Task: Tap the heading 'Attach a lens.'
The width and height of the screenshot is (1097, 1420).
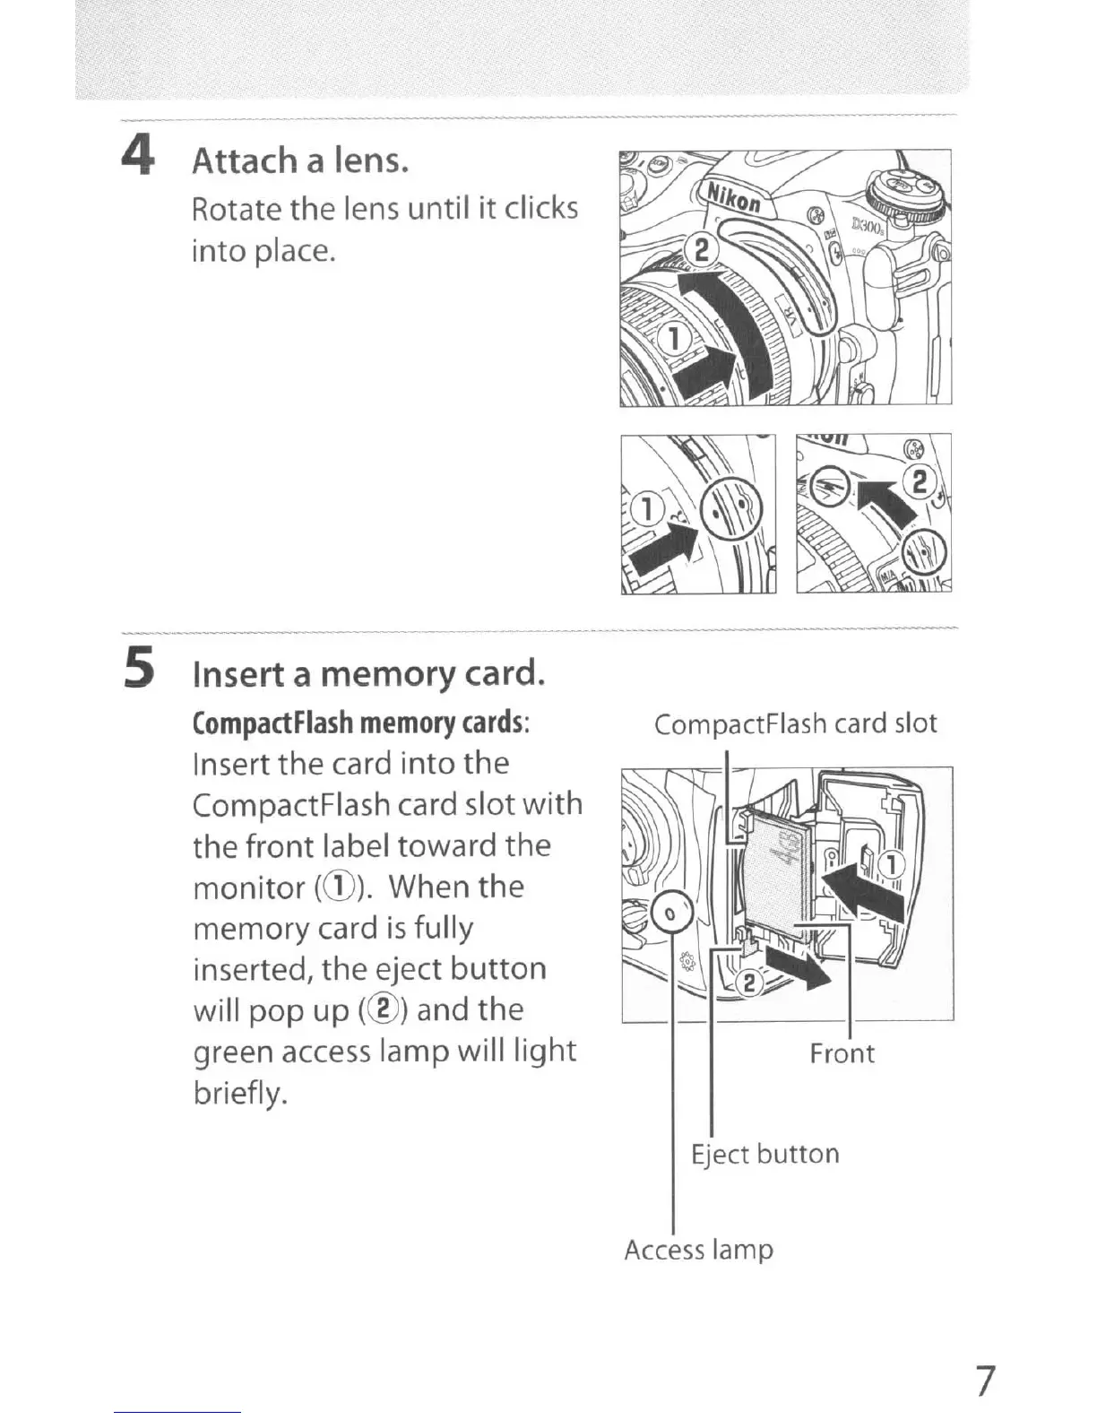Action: click(x=301, y=160)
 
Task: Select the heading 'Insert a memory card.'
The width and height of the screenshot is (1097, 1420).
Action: click(x=369, y=673)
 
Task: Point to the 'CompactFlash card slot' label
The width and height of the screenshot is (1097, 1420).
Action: click(x=795, y=723)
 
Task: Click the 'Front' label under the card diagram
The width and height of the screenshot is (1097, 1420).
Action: click(x=842, y=1052)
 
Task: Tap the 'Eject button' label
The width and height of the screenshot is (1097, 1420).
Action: click(x=764, y=1153)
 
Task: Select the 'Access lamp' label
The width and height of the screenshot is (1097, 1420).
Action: click(x=698, y=1249)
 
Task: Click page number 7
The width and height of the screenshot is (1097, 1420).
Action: click(x=984, y=1381)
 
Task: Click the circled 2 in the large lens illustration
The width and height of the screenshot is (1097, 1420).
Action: click(x=700, y=248)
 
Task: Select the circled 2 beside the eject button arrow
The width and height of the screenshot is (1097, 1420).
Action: click(x=751, y=983)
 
